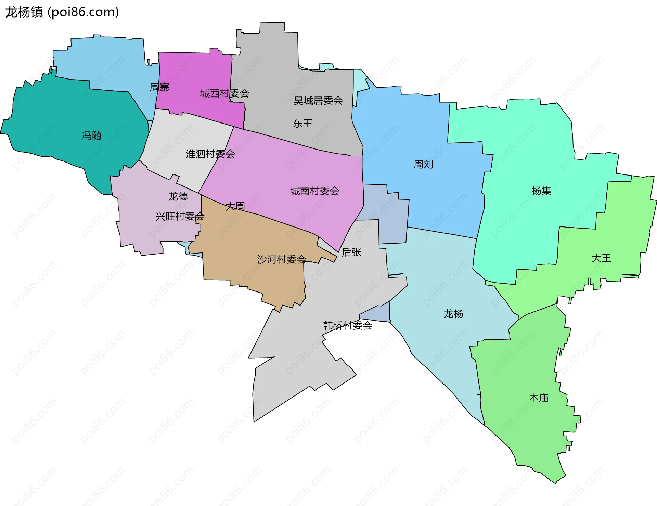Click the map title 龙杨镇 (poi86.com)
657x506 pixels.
pos(62,12)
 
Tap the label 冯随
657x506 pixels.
pos(92,136)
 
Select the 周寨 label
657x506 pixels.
pos(159,88)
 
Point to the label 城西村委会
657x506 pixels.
pos(224,93)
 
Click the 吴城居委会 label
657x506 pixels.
pos(318,101)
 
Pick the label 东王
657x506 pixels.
pos(303,124)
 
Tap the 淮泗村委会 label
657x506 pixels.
pos(210,154)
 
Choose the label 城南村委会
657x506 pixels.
pos(315,191)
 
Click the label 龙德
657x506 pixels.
pos(178,196)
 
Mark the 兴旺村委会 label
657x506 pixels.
pos(180,217)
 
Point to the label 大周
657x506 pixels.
pos(235,207)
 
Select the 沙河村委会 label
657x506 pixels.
pos(282,260)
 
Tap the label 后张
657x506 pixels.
pos(351,252)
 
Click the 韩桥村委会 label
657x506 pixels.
pos(348,325)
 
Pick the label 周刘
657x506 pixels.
pos(423,165)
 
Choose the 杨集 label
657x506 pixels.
pos(541,191)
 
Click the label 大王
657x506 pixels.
pos(601,258)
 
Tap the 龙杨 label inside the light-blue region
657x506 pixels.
pos(453,314)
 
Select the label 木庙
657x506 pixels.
pos(539,398)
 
